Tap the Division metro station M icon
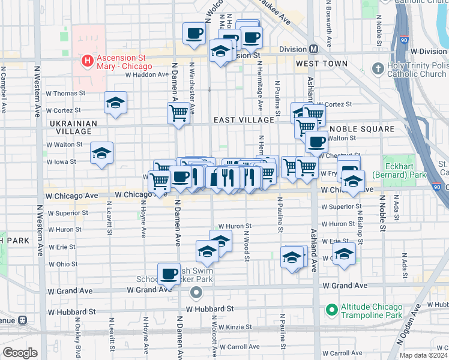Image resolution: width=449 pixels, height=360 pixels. [x=313, y=49]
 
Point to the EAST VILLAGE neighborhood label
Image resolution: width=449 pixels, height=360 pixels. [x=244, y=120]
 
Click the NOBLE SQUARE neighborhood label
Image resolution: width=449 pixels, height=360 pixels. [x=362, y=129]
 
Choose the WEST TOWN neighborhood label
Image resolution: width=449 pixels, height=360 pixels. [x=321, y=63]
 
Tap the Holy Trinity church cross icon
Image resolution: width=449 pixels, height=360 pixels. [x=378, y=68]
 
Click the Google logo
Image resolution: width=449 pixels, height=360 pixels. [x=20, y=352]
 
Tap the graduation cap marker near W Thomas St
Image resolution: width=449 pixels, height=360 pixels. [x=115, y=103]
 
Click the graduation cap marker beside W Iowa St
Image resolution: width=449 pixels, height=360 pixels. [x=102, y=153]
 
